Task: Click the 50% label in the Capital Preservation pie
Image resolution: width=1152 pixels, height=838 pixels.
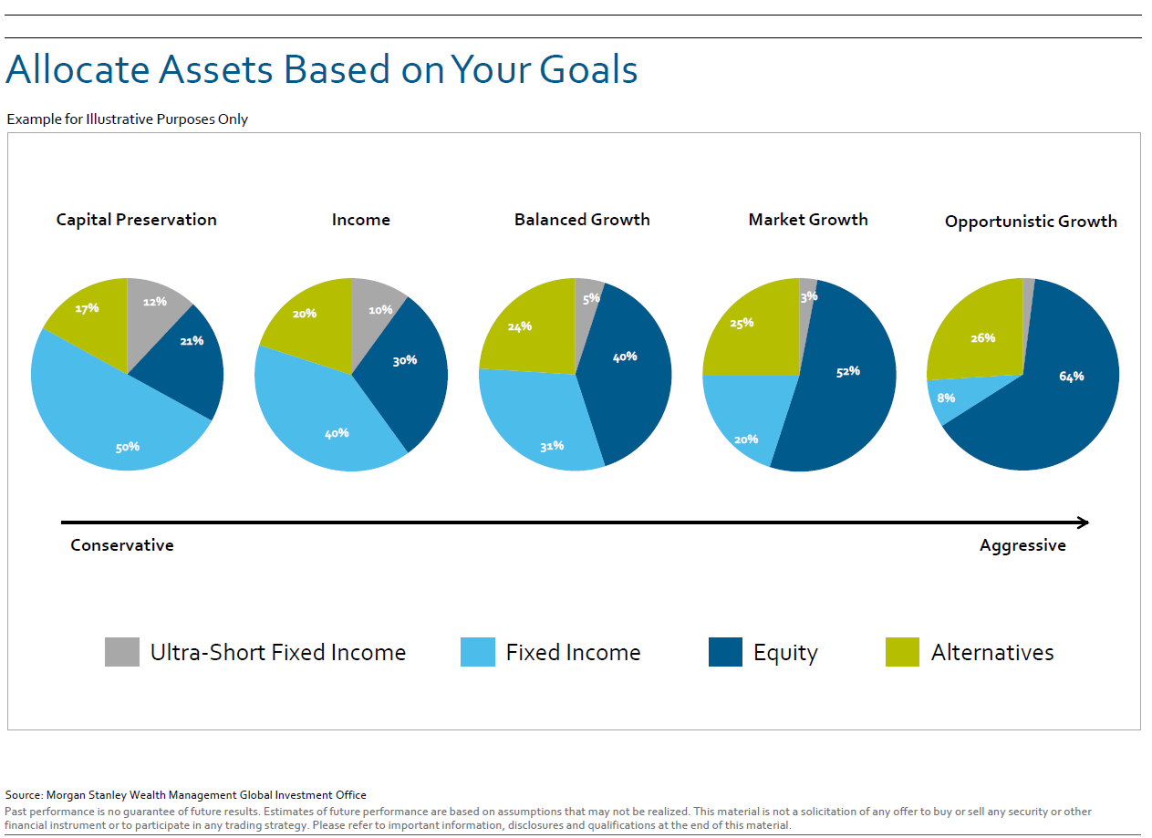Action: [x=128, y=448]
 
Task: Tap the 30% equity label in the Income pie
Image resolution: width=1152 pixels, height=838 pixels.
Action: [x=405, y=360]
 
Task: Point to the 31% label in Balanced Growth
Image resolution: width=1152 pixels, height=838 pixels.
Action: [x=552, y=446]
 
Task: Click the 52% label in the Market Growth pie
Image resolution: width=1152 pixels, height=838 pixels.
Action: [x=848, y=372]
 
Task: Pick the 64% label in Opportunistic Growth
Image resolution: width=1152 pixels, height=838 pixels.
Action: [x=1072, y=377]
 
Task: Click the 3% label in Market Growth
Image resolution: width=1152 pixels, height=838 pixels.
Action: [x=809, y=296]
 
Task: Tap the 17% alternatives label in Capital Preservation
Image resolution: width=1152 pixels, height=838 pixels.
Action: [x=87, y=308]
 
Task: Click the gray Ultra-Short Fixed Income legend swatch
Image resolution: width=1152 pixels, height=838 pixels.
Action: [x=122, y=652]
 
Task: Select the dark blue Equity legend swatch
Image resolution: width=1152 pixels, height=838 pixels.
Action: [x=725, y=652]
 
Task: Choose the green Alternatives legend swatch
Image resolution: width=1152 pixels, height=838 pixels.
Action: [x=902, y=652]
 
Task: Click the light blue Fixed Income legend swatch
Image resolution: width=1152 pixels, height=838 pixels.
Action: [x=478, y=652]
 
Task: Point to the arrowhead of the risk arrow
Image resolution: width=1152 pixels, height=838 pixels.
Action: [x=1088, y=522]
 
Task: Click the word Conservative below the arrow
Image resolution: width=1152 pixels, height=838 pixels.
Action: [x=122, y=545]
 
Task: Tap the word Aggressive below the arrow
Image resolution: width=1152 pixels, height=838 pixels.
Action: [x=1022, y=546]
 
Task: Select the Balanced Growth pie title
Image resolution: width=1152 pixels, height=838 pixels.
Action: [x=582, y=220]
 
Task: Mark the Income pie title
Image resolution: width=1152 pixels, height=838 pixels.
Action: [x=361, y=220]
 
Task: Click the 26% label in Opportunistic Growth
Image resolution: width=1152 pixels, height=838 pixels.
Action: [x=982, y=338]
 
